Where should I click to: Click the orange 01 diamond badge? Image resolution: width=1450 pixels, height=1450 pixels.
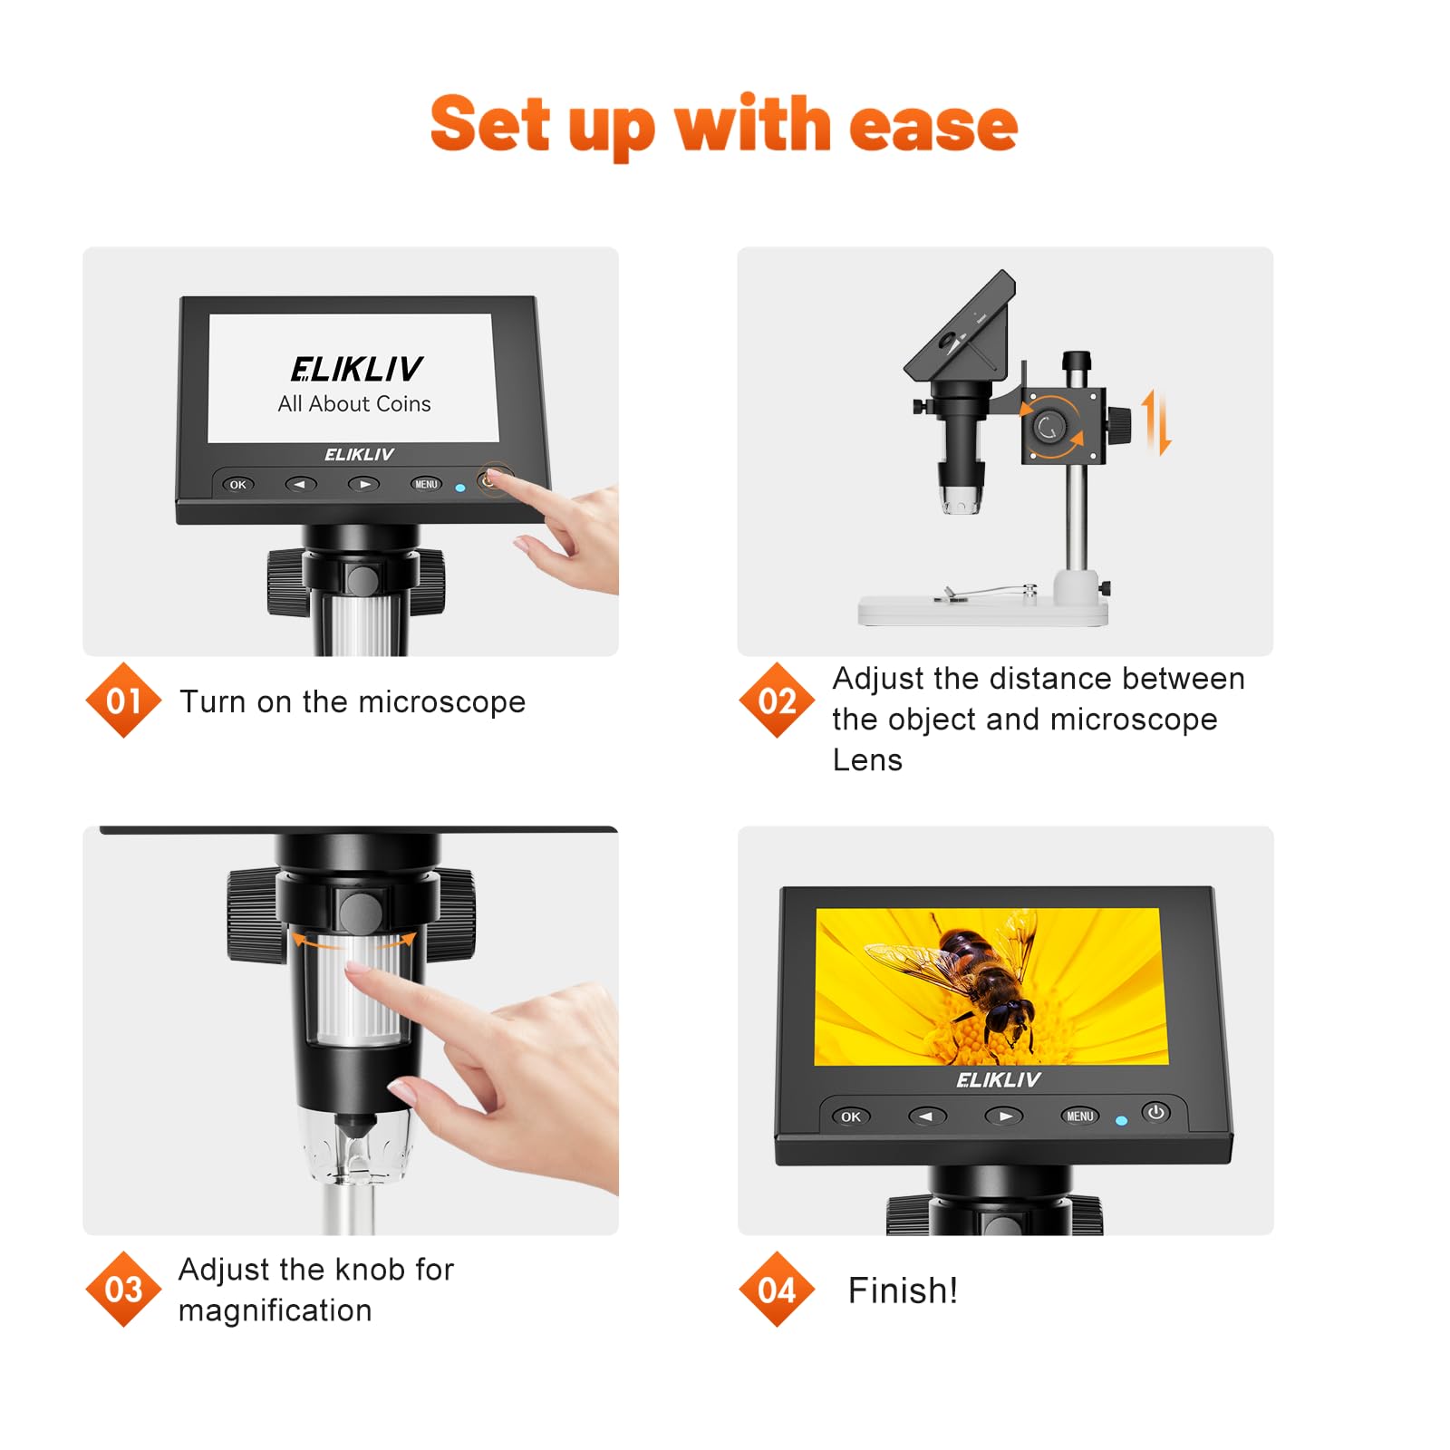point(123,701)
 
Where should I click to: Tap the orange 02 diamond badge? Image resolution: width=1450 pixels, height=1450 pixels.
point(777,701)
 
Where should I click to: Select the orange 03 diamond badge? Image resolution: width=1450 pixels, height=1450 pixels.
point(123,1289)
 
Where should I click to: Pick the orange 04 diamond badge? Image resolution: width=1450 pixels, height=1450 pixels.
point(777,1289)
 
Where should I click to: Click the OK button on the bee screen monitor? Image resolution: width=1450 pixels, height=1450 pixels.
point(850,1116)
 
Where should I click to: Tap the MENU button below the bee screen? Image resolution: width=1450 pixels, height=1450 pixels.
point(1079,1116)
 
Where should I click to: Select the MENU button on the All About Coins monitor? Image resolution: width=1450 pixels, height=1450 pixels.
point(426,484)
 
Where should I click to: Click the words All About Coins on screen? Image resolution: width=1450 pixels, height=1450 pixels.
point(354,404)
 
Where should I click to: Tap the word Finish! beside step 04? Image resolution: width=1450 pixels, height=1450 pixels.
point(903,1290)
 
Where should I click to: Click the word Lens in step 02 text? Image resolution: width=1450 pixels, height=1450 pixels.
point(867,760)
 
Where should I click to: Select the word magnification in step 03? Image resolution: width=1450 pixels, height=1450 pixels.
point(275,1310)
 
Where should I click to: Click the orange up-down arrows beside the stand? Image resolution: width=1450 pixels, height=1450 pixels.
point(1155,421)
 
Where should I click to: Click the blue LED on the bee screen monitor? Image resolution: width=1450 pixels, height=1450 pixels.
point(1121,1121)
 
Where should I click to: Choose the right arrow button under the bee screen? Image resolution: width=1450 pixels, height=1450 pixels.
point(1004,1116)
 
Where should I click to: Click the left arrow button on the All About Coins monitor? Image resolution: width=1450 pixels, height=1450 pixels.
point(301,484)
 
